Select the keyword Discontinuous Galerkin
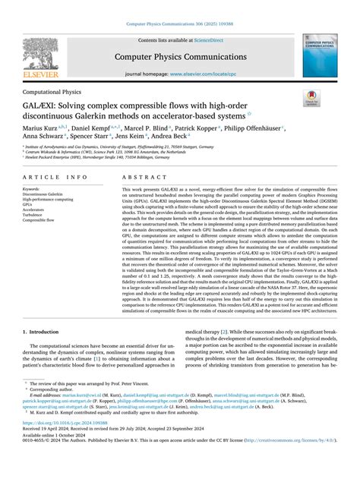(44, 194)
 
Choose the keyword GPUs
(29, 204)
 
